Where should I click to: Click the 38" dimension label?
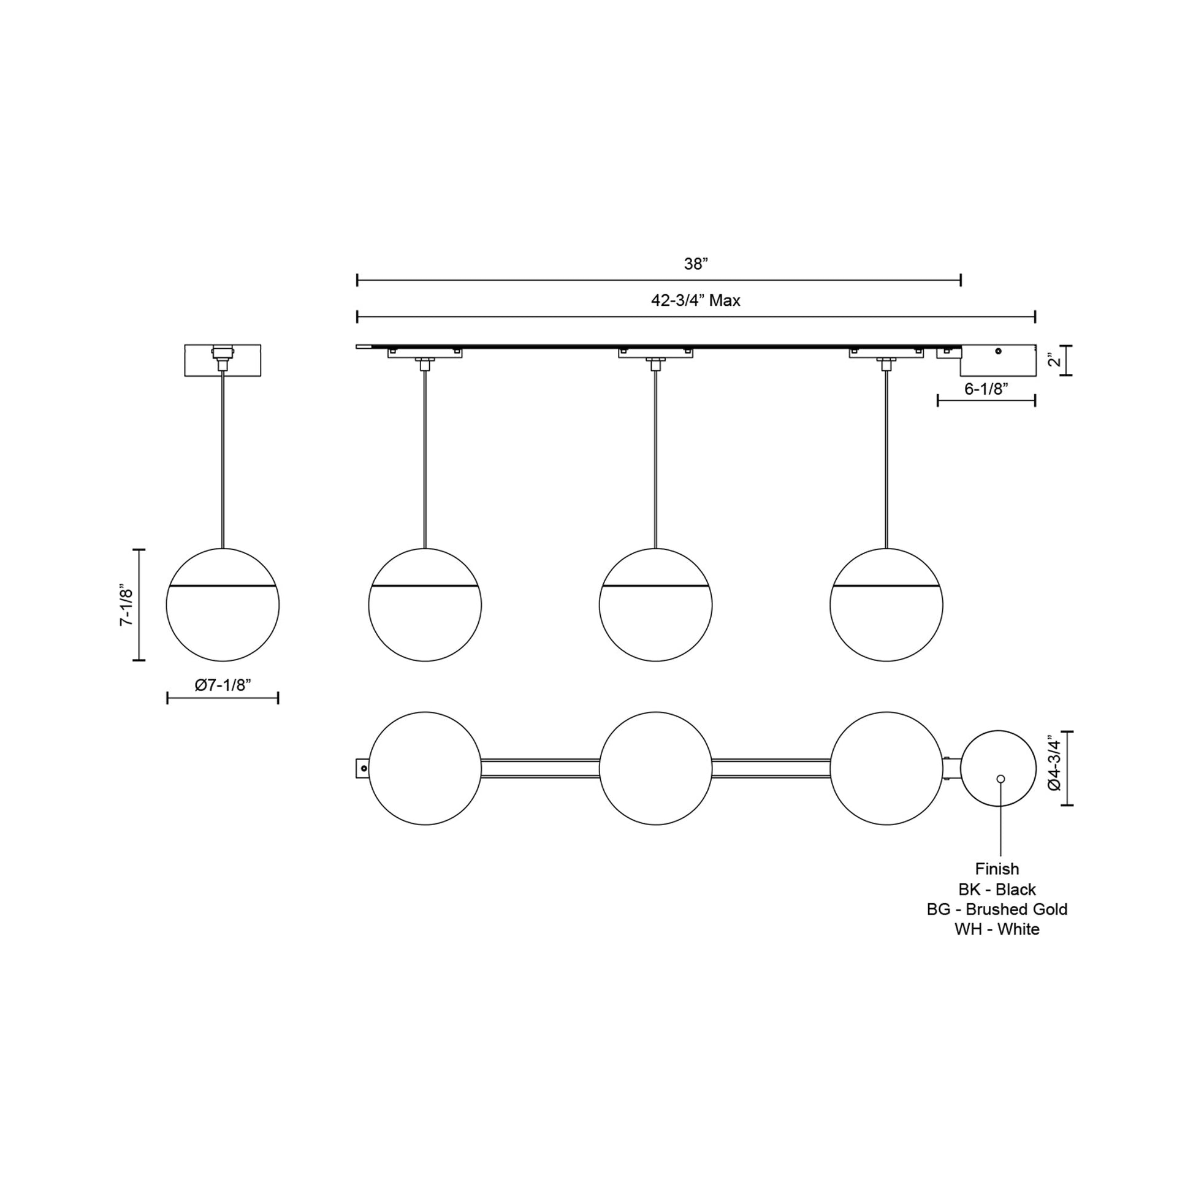point(695,264)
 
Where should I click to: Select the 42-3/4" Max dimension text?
point(695,301)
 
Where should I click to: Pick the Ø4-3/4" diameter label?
point(1054,764)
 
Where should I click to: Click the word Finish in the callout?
point(997,869)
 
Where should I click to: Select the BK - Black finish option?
point(997,889)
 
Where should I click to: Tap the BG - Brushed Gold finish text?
point(997,909)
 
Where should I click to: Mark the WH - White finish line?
point(997,929)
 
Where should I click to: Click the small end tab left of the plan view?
point(362,768)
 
